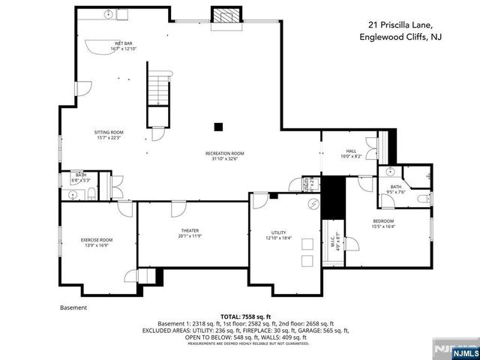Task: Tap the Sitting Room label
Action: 108,135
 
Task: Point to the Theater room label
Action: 189,232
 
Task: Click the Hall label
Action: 351,153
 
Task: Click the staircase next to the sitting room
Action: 157,85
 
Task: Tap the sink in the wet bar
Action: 109,14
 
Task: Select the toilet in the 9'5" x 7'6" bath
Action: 423,199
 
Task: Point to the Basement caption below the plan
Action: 73,307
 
